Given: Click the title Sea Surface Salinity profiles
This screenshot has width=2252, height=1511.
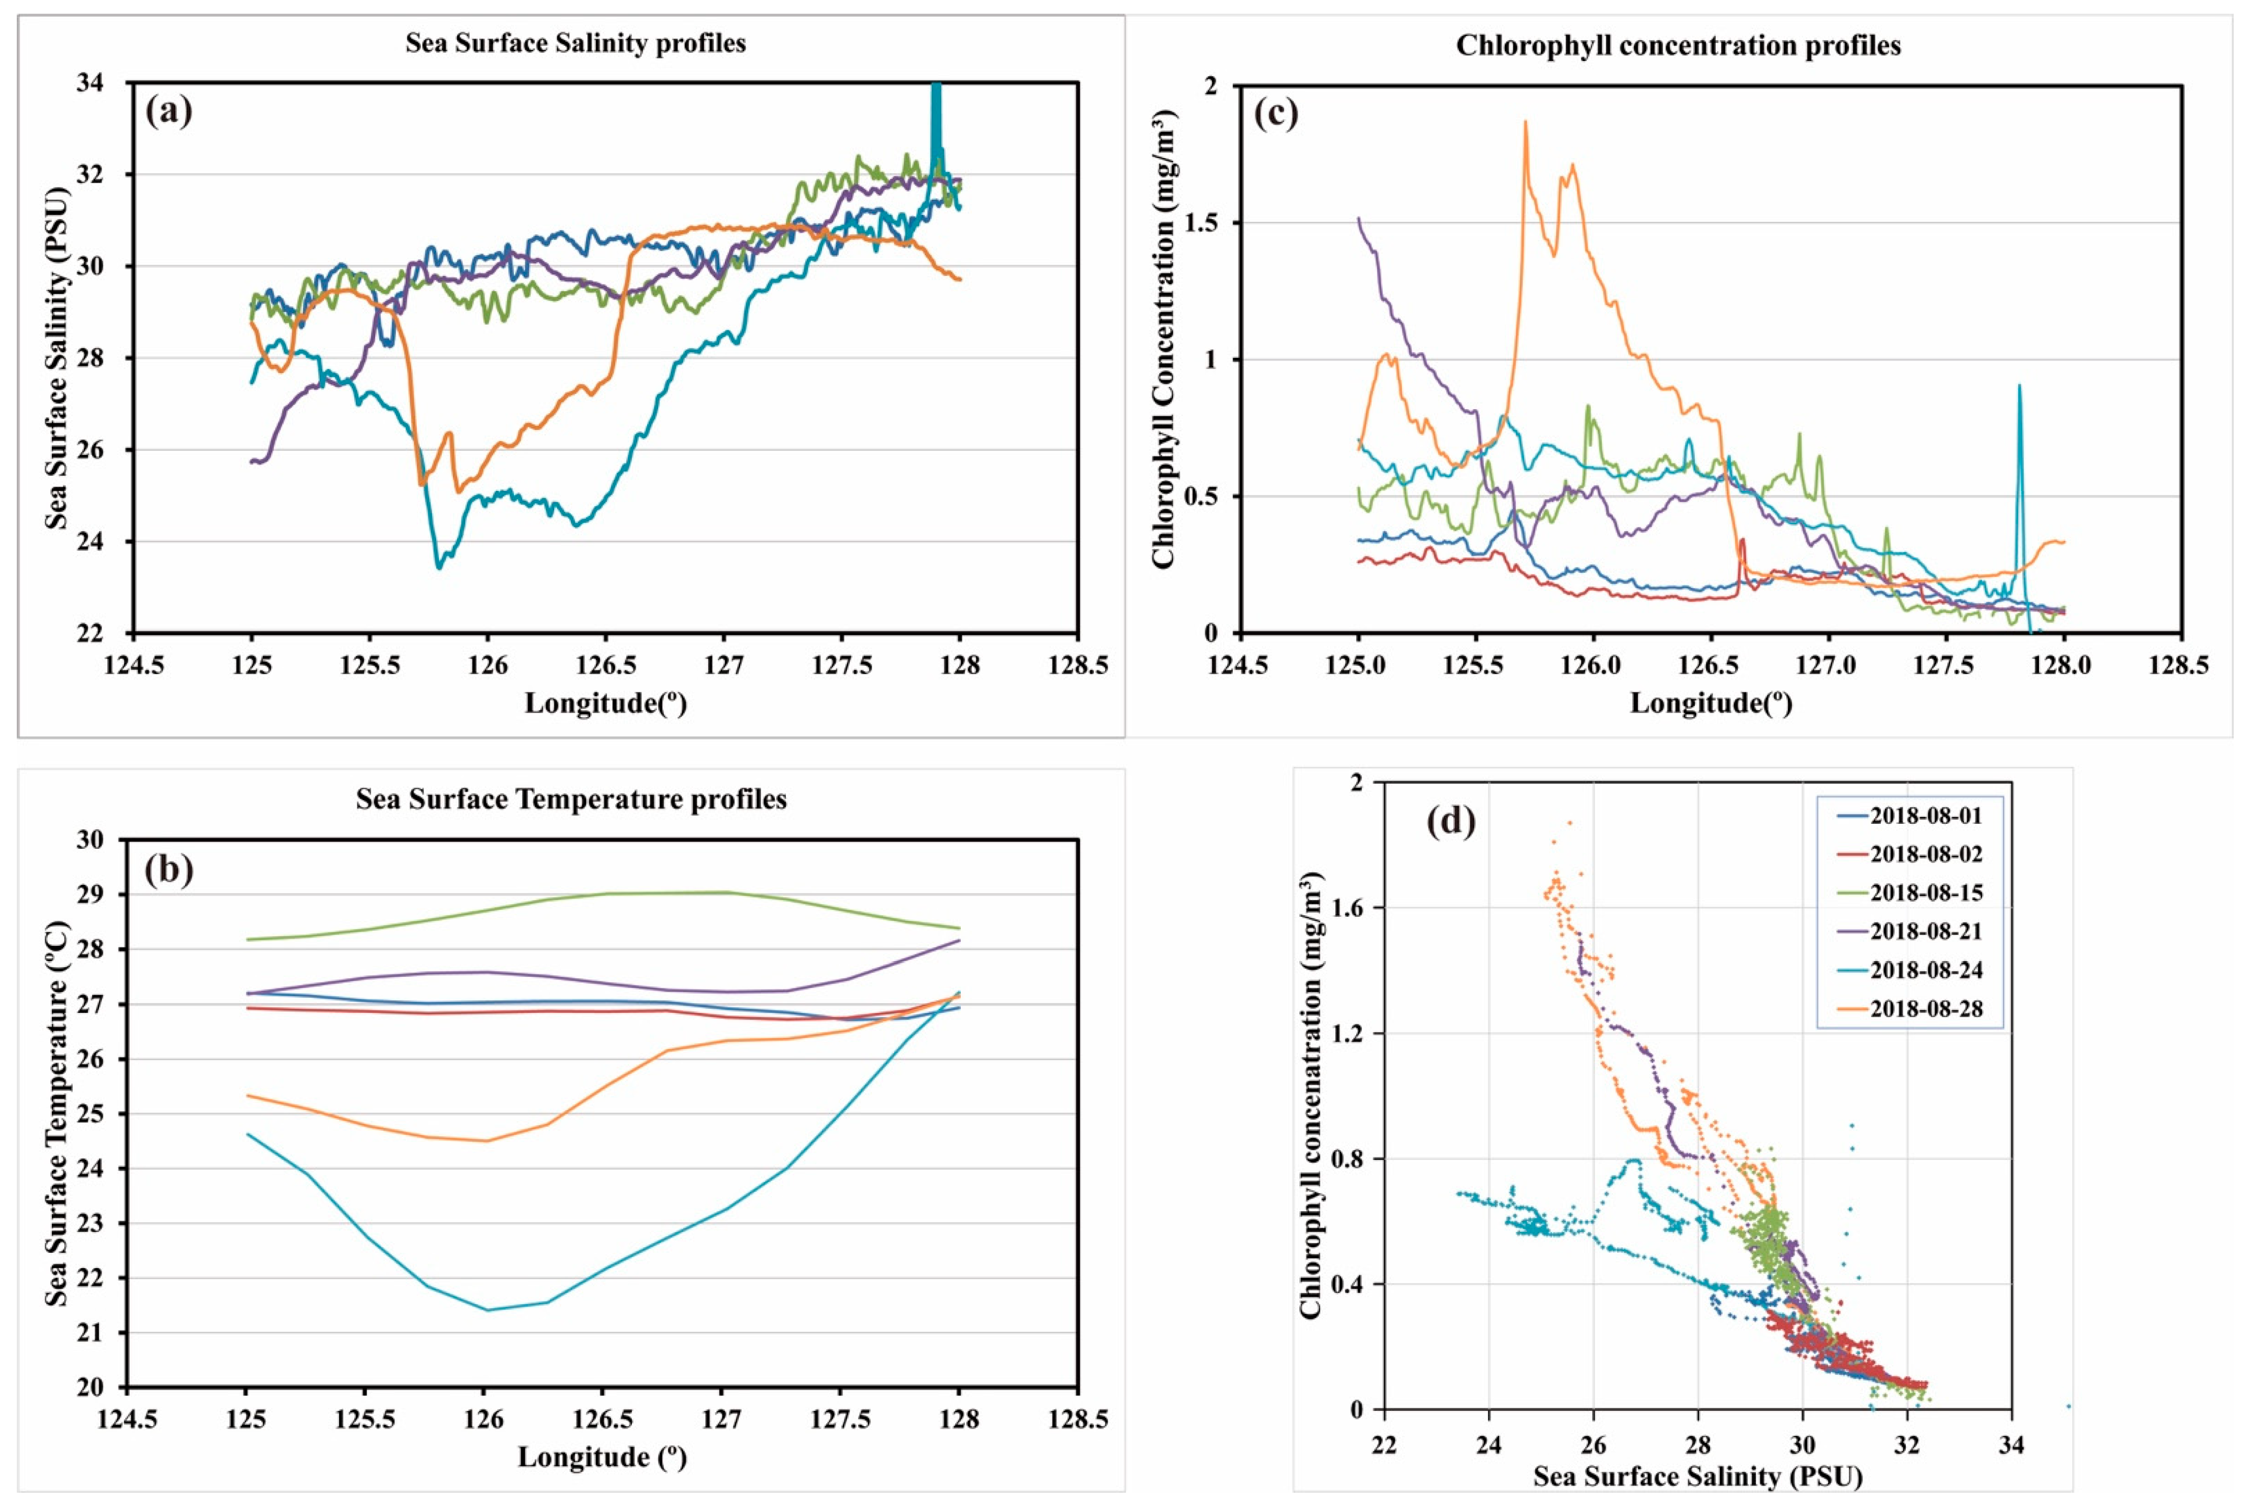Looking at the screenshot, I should [x=575, y=43].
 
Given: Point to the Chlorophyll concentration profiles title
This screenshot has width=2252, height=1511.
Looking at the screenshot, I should [x=1678, y=45].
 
